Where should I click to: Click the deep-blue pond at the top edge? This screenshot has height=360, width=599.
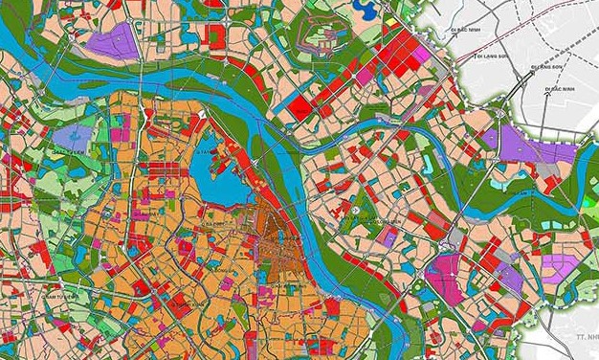click(365, 9)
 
